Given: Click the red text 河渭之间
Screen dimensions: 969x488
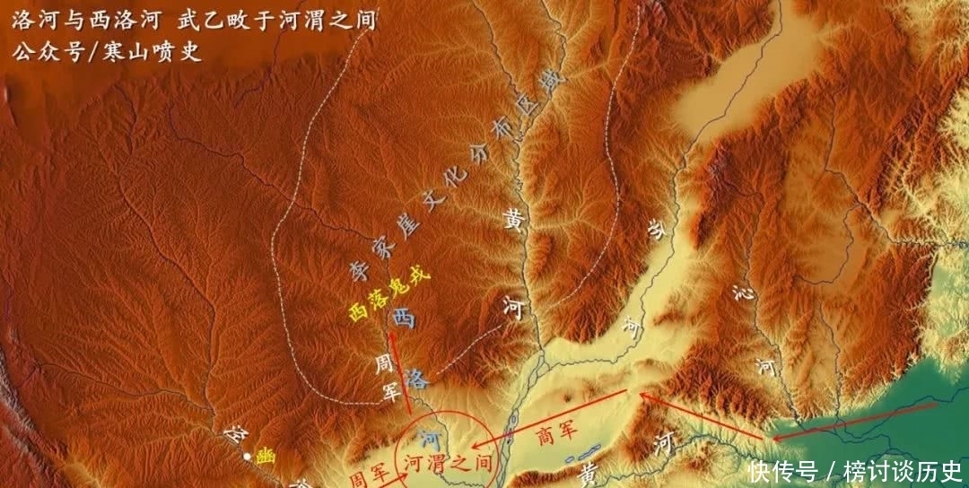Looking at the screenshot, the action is click(448, 463).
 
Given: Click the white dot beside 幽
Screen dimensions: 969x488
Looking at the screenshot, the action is click(248, 457).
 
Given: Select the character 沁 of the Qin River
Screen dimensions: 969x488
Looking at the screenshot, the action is click(739, 292).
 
